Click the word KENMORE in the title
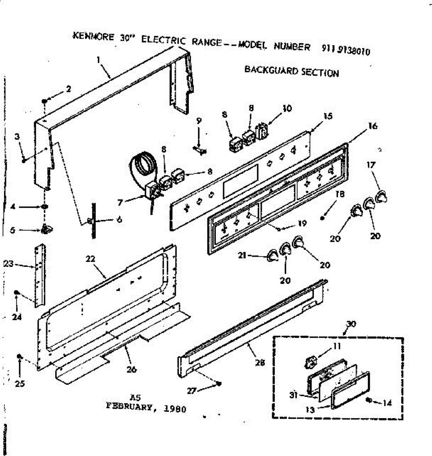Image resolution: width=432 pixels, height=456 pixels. coord(93,36)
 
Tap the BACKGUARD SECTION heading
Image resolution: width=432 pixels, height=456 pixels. coord(291,71)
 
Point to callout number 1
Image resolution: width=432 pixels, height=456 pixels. coord(98,60)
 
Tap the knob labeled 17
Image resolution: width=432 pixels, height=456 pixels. coord(381,197)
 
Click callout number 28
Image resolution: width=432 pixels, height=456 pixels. coord(260,363)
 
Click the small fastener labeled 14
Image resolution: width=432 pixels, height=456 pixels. coord(368,400)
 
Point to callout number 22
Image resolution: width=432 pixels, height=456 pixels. coord(90,259)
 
